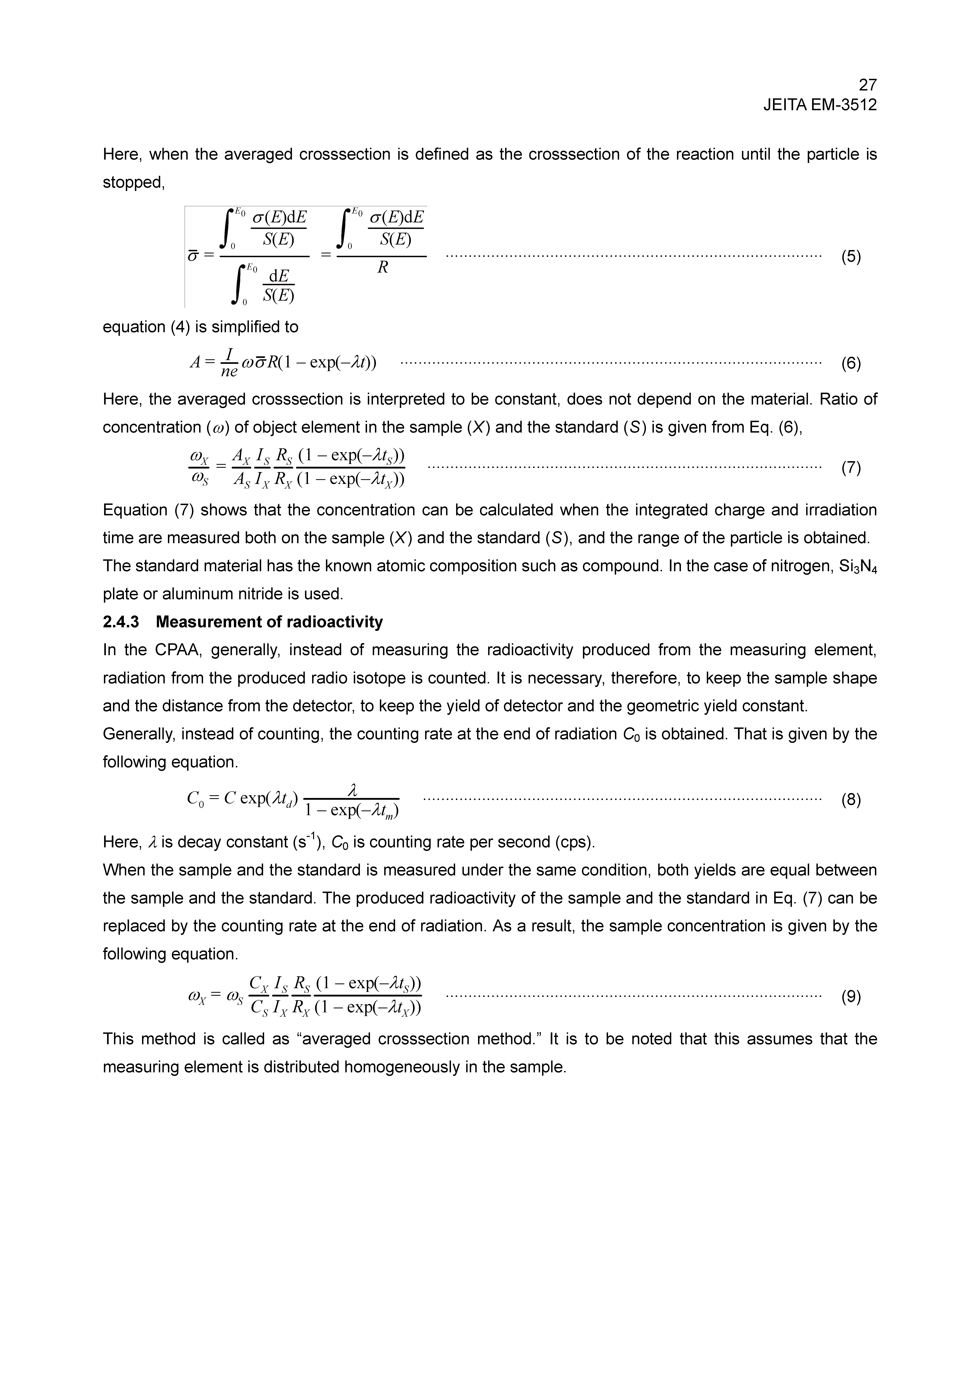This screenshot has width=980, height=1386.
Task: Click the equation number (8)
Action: (x=851, y=801)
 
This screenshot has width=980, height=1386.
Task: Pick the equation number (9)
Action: (x=851, y=997)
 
